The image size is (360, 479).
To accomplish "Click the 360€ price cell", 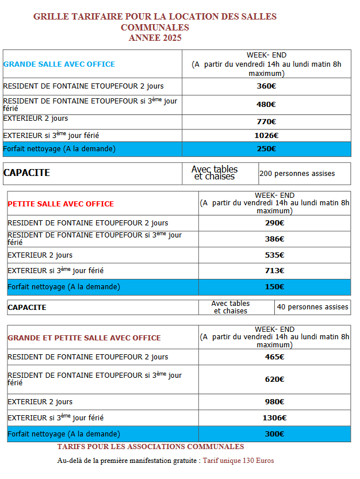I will tap(266, 87).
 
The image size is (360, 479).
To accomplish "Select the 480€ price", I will tap(266, 105).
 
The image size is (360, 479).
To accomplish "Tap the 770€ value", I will tap(266, 121).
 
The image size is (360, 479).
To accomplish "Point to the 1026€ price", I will tap(266, 136).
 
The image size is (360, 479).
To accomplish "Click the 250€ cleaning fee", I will tap(266, 149).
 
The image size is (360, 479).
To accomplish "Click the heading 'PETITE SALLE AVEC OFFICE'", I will tap(60, 204).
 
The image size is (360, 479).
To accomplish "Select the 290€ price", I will tap(274, 223).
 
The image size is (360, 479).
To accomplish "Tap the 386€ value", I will tap(274, 239).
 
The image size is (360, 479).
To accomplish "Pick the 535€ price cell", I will tap(274, 255).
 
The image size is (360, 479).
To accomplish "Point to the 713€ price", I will tap(274, 271).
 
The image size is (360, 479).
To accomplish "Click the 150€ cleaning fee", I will tap(274, 287).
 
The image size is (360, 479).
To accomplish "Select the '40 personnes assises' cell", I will tap(312, 307).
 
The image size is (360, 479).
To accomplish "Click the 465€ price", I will tap(274, 357).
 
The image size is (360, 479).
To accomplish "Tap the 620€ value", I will tap(274, 380).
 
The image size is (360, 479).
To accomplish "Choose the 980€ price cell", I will tap(274, 402).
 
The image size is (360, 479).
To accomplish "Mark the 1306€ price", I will tap(274, 418).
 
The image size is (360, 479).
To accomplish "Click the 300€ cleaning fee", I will tap(274, 434).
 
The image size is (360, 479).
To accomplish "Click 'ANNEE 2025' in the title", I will tap(155, 38).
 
